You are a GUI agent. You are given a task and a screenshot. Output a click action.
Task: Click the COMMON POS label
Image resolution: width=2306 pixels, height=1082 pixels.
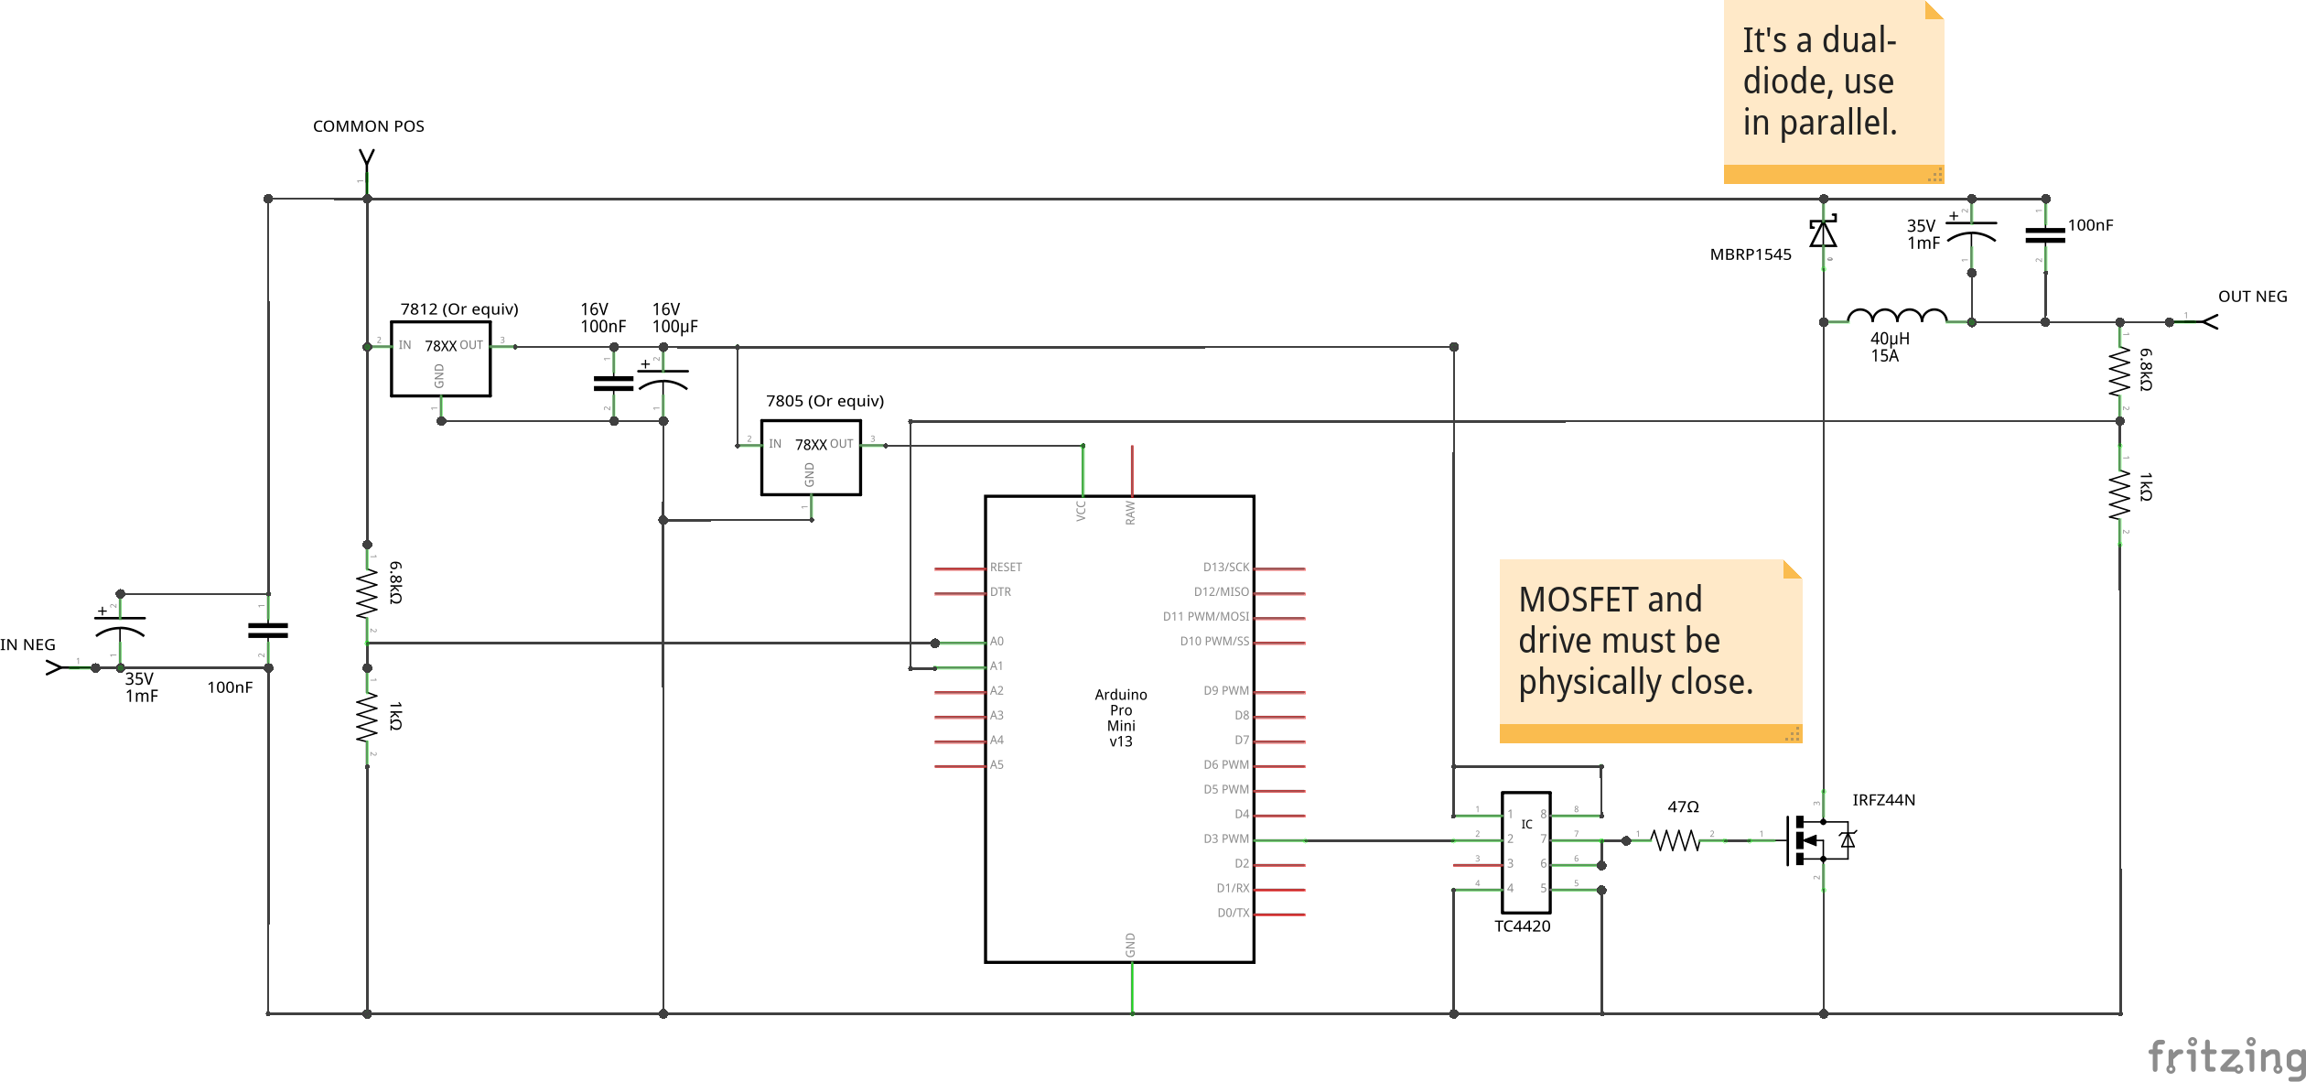368,126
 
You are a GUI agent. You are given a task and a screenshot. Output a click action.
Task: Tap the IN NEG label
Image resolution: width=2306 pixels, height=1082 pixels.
27,644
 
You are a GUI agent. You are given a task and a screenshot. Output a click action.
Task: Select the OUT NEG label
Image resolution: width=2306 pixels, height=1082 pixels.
2252,297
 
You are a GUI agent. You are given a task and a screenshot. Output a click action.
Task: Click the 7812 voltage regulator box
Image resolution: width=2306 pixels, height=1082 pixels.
440,359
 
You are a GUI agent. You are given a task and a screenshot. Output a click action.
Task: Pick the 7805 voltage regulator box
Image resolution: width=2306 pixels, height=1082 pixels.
811,458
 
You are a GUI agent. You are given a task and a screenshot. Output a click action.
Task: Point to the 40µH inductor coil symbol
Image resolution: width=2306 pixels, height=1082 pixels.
1897,317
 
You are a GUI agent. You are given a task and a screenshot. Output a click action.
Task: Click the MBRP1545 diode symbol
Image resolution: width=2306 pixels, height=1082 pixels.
1823,233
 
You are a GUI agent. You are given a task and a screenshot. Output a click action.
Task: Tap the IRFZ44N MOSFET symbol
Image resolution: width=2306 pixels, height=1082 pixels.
1816,839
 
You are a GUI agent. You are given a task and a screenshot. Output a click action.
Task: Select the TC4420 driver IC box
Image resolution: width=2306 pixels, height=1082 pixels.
1525,852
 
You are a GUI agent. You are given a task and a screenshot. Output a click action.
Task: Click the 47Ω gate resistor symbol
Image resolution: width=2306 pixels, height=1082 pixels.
1676,839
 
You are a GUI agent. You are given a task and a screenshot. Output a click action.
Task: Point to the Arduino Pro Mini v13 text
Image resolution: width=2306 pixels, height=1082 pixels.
1121,718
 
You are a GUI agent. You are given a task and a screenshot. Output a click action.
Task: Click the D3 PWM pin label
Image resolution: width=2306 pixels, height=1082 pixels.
1226,839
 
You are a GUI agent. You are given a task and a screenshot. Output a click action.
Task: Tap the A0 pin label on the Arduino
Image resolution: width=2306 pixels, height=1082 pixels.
997,642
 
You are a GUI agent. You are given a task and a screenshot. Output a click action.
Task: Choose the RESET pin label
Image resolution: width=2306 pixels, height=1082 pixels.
1006,568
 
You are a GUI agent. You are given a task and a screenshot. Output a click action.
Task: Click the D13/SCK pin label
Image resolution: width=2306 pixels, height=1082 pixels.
1225,568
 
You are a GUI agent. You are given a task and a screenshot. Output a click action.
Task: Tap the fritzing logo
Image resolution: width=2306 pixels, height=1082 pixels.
2225,1056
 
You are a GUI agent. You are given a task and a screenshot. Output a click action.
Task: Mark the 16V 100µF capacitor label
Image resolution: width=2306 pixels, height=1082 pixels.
674,318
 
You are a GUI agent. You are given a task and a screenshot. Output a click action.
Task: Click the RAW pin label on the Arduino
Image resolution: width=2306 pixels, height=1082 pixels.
1130,513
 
